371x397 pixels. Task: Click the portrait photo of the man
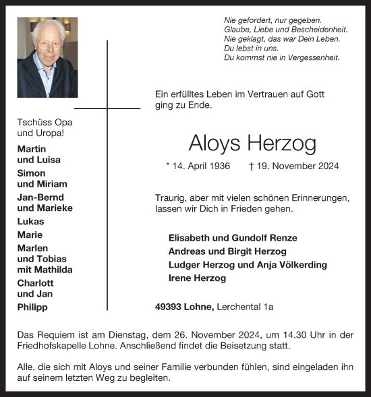pyautogui.click(x=47, y=57)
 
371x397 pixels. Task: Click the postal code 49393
pyautogui.click(x=170, y=307)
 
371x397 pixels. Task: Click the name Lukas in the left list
pyautogui.click(x=30, y=221)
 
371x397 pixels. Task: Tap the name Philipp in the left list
pyautogui.click(x=33, y=307)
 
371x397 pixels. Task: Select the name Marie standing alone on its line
pyautogui.click(x=30, y=235)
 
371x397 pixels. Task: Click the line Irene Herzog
pyautogui.click(x=196, y=278)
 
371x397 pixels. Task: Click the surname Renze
pyautogui.click(x=282, y=238)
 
